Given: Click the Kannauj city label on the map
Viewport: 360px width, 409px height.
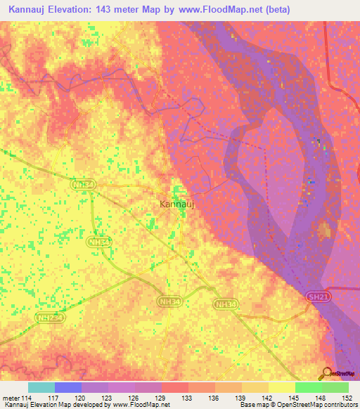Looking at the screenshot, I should tap(176, 204).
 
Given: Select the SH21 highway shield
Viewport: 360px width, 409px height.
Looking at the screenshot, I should tap(318, 297).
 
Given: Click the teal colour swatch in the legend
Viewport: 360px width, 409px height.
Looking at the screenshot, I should tap(41, 387).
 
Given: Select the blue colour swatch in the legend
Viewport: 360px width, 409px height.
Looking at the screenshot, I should tap(67, 387).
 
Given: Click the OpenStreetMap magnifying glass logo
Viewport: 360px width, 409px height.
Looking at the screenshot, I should tap(328, 372).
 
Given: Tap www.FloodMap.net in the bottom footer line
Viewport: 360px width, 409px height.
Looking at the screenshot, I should tap(141, 405).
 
